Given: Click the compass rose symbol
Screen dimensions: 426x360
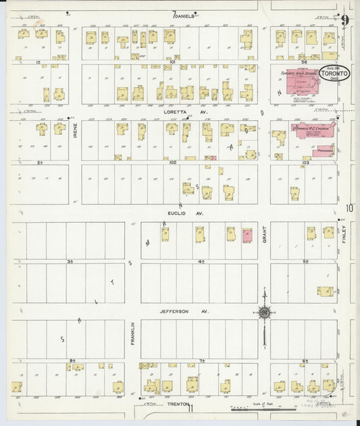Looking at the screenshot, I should coord(265,312).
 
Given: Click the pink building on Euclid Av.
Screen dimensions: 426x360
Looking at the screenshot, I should coord(247,235).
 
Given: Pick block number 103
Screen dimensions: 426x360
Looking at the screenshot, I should coord(305,162).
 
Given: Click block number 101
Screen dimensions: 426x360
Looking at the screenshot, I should coord(172,61).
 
